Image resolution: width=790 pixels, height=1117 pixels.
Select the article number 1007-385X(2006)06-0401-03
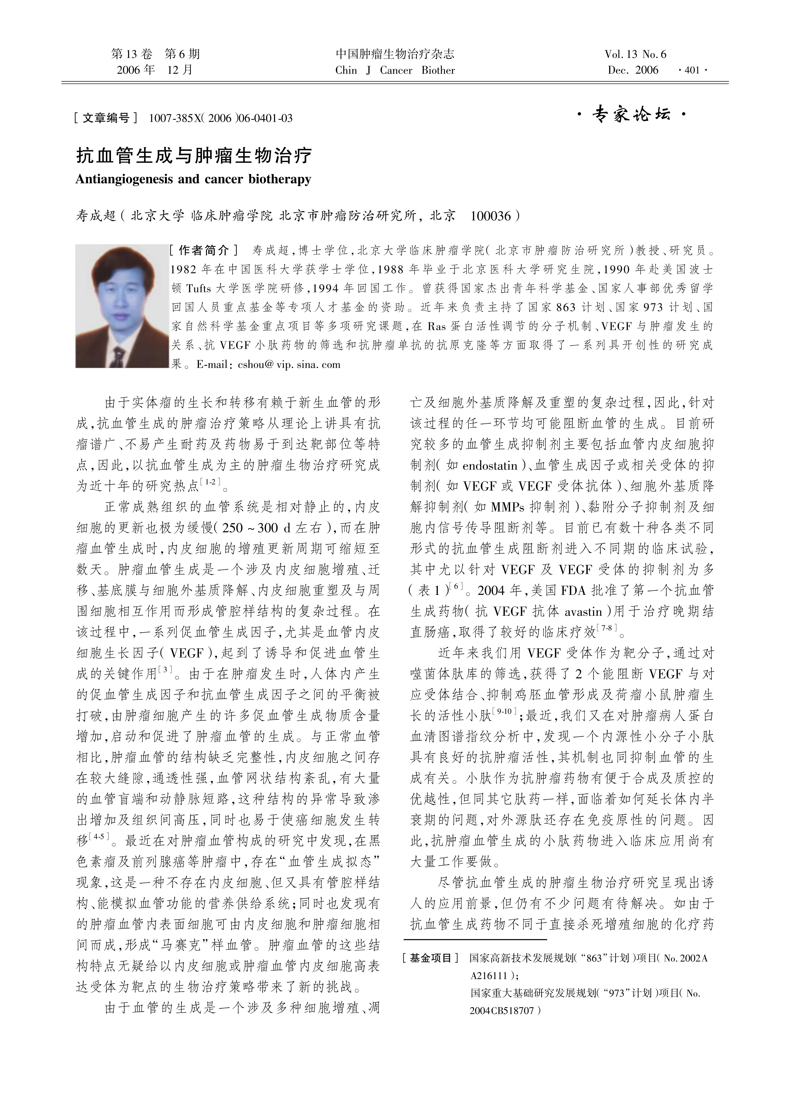coord(221,118)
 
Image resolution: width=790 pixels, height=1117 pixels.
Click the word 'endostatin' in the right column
coord(490,466)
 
